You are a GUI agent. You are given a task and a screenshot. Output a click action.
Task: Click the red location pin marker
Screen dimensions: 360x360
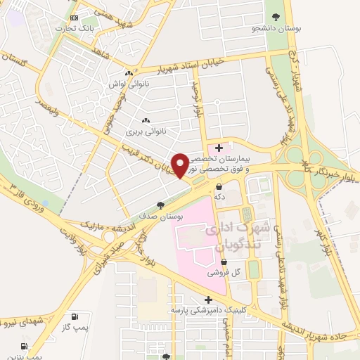(x=180, y=166)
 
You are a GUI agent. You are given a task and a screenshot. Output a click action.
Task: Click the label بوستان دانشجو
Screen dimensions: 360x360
(x=277, y=29)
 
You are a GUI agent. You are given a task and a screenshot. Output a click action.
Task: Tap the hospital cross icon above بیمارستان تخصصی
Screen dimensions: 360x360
(x=219, y=148)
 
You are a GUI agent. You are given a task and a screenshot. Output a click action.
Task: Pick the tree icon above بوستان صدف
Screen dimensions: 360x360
(x=161, y=205)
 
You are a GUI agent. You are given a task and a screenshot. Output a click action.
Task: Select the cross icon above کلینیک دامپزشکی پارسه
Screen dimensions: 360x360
(x=207, y=300)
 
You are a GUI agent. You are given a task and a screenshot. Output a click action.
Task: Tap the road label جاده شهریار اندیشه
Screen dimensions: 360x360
(x=316, y=333)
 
